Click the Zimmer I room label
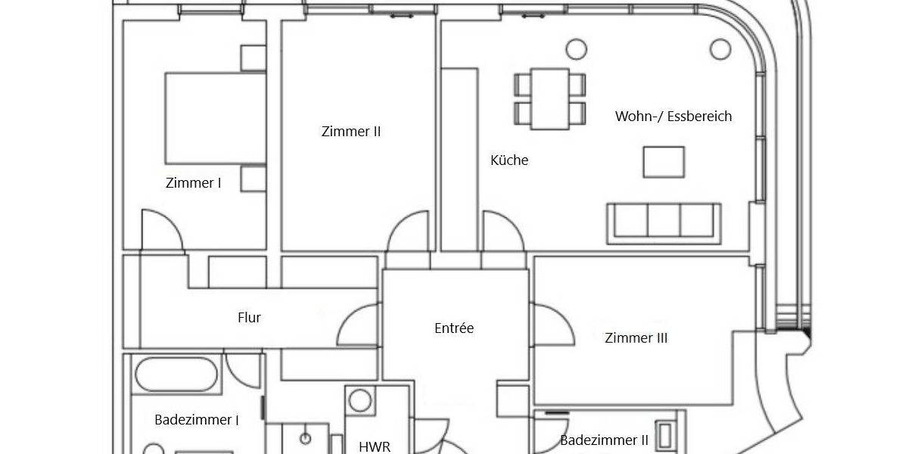tap(193, 182)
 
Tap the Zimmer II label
tap(351, 132)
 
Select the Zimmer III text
tap(636, 338)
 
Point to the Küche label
tap(509, 160)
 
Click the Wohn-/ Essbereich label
tap(673, 117)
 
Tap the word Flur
tap(249, 318)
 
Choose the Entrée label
tap(454, 328)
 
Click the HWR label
tap(375, 446)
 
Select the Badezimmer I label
tap(197, 420)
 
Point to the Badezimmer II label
tap(604, 440)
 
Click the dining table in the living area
tap(550, 98)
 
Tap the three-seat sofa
tap(664, 221)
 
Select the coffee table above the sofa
tap(664, 162)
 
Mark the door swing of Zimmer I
tap(160, 231)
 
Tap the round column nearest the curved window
tap(721, 50)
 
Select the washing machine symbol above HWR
tap(361, 401)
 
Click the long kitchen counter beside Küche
tap(460, 159)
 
